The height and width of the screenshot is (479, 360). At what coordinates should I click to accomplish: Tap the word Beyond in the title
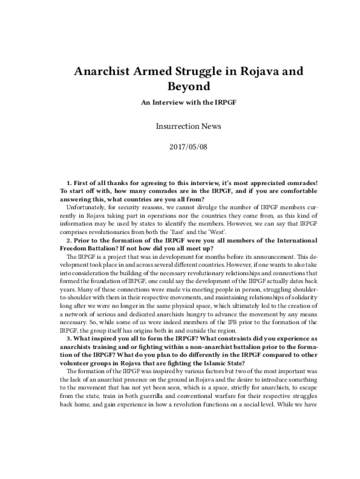click(180, 86)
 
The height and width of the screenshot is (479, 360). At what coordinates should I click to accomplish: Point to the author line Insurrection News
click(188, 126)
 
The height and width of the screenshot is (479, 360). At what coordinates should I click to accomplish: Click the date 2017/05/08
click(188, 147)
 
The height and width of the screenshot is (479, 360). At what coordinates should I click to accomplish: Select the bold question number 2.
click(69, 240)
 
